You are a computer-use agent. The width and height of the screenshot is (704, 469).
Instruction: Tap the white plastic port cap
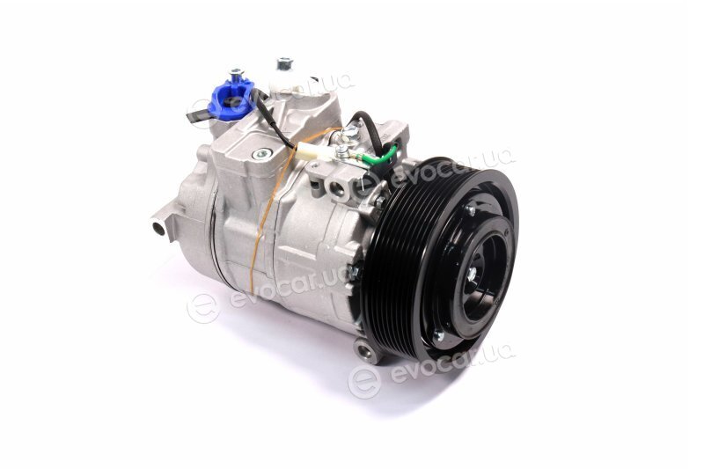click(x=288, y=81)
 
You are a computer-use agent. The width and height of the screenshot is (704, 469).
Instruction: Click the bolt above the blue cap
click(x=236, y=72)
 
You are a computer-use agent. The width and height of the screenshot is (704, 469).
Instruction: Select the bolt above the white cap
click(x=283, y=62)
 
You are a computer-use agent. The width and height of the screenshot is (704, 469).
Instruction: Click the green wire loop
click(x=385, y=155)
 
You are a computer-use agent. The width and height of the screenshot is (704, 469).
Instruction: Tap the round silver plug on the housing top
click(x=261, y=154)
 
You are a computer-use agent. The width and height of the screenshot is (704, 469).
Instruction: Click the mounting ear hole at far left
click(x=158, y=229)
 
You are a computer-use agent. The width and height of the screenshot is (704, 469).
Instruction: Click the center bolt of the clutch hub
click(x=472, y=275)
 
